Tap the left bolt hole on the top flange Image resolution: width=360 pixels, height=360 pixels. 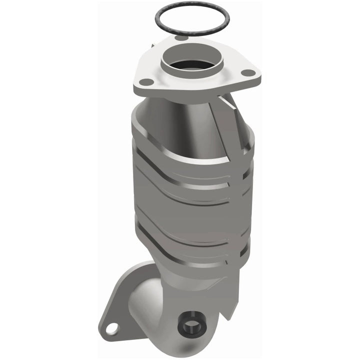pos(145,81)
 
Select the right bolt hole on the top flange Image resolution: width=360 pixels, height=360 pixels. pos(246,72)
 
